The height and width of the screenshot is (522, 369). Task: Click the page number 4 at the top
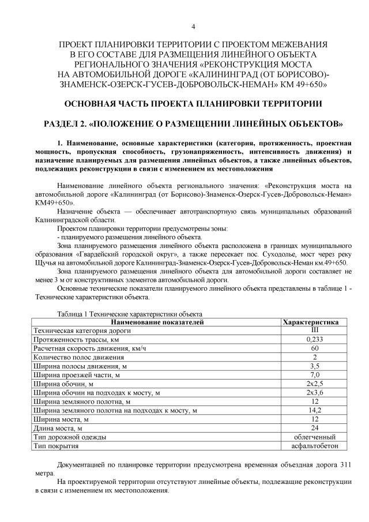pyautogui.click(x=193, y=27)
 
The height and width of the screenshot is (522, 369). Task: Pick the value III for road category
pyautogui.click(x=314, y=331)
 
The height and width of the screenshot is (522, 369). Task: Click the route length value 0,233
pyautogui.click(x=314, y=340)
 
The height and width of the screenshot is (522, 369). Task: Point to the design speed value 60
pyautogui.click(x=314, y=348)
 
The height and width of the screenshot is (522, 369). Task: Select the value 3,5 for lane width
pyautogui.click(x=314, y=366)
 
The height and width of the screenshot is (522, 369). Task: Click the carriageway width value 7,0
pyautogui.click(x=314, y=375)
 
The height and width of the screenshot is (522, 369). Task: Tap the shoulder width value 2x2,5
pyautogui.click(x=314, y=384)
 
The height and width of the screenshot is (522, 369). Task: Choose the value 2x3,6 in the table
pyautogui.click(x=314, y=393)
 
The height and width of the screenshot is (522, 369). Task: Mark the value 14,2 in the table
pyautogui.click(x=314, y=410)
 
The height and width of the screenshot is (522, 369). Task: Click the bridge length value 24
pyautogui.click(x=314, y=428)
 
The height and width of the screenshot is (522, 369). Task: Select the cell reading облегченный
pyautogui.click(x=314, y=437)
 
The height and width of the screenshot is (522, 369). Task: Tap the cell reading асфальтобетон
pyautogui.click(x=314, y=446)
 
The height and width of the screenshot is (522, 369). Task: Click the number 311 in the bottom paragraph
pyautogui.click(x=344, y=464)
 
